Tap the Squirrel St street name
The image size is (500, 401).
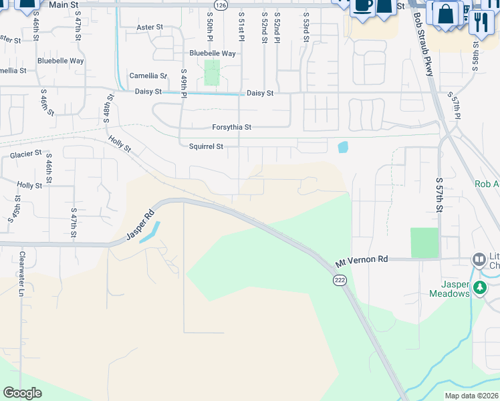point(205,146)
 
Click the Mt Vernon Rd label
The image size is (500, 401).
point(362,259)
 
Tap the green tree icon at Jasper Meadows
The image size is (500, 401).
point(479,288)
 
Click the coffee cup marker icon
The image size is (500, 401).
point(363,5)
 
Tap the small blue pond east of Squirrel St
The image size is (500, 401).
point(343,147)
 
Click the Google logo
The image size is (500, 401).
point(23,393)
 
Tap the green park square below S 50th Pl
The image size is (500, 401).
point(211,72)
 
